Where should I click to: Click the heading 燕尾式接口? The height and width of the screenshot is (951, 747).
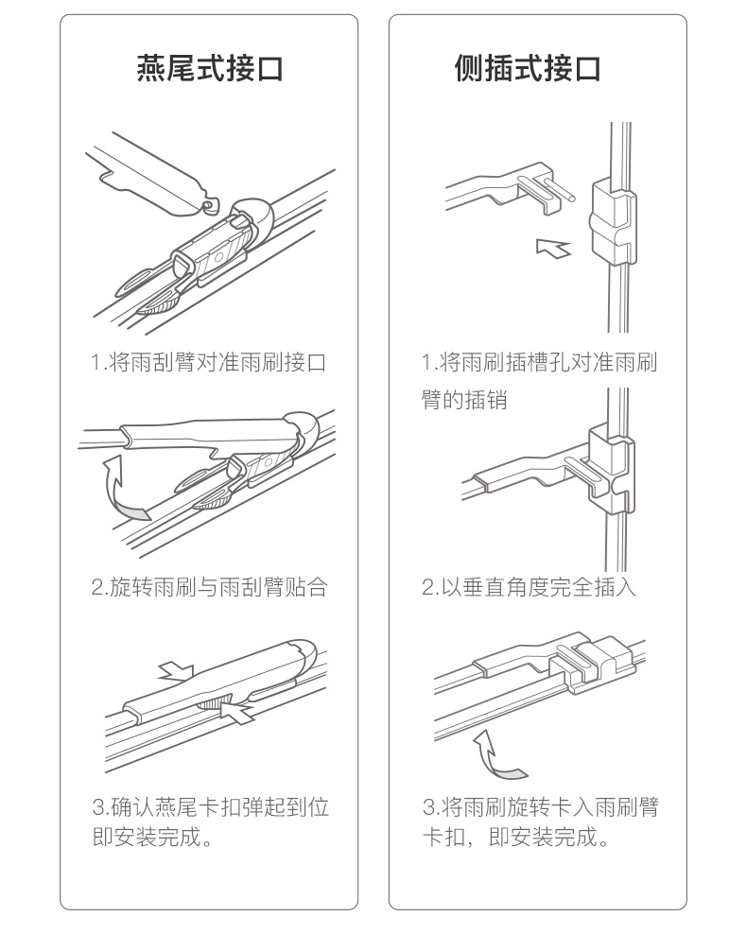coord(210,67)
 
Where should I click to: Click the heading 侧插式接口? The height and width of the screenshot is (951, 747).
coord(528,67)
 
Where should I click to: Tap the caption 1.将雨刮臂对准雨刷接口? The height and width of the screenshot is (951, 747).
coord(209,363)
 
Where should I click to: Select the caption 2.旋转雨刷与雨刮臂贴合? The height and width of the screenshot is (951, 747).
coord(209,587)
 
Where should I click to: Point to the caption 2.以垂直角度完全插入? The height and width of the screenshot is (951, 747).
coord(530,587)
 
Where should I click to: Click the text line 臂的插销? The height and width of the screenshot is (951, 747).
coord(464,400)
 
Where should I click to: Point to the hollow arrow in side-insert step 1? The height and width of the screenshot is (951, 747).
coord(553,248)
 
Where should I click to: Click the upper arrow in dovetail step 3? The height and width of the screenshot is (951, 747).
coord(176,671)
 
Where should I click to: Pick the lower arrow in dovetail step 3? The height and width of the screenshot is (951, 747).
coord(238,712)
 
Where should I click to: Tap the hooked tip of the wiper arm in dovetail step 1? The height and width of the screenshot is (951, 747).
coord(210,205)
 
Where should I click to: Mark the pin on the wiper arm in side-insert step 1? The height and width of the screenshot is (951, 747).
coord(560,188)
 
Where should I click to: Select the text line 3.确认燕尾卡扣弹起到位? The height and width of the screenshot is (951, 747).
coord(211,807)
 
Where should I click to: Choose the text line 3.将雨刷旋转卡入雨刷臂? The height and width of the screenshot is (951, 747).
coord(541,807)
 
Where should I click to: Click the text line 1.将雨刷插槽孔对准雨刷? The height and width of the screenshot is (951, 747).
coord(540,363)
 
